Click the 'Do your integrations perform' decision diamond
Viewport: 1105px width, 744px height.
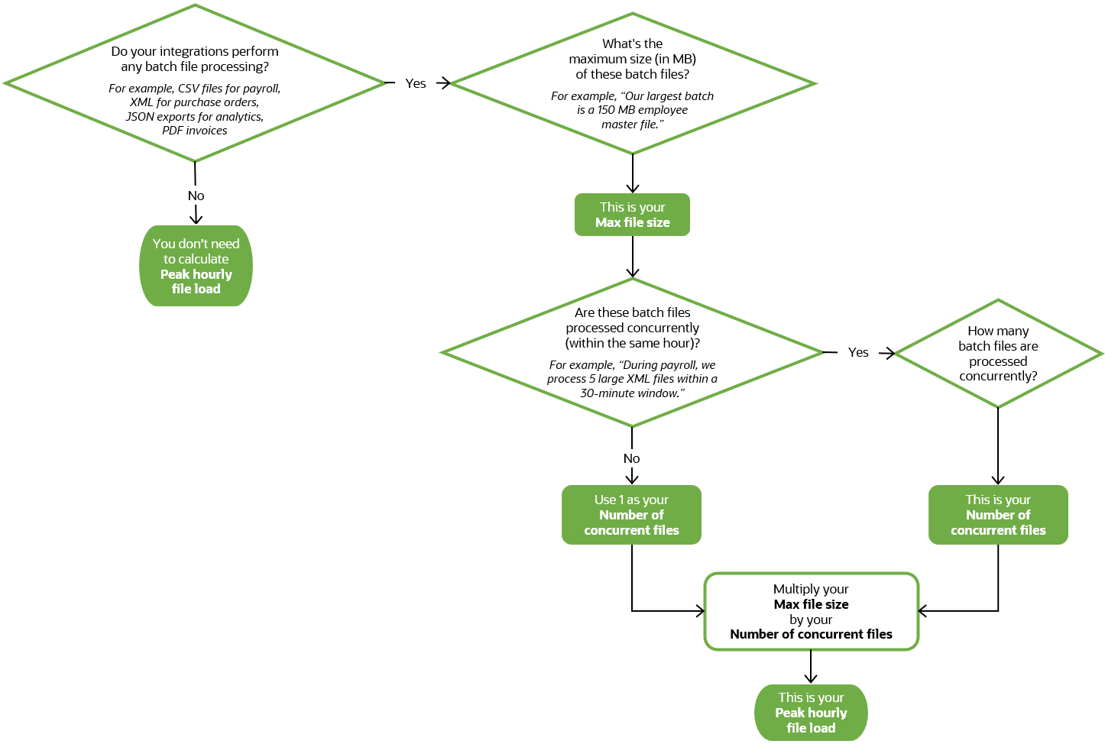(x=195, y=83)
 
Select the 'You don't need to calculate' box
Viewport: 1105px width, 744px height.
(x=196, y=266)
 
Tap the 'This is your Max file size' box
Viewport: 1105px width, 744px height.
(x=632, y=215)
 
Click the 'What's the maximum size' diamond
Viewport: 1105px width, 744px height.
(x=633, y=83)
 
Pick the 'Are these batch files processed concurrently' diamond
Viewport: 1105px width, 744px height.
(x=632, y=352)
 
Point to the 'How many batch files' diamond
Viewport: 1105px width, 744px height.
(x=998, y=354)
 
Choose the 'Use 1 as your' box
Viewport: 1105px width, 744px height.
(x=631, y=515)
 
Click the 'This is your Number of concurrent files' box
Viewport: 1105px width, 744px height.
(x=998, y=515)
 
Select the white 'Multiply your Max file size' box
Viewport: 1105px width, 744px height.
(x=811, y=611)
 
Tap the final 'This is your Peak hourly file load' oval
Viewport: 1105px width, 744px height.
(x=811, y=713)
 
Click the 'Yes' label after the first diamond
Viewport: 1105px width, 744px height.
(x=416, y=83)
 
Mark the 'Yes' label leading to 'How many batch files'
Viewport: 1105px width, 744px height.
(x=858, y=352)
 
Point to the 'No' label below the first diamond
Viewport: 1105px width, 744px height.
(x=196, y=196)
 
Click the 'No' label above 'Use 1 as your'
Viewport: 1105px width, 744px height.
(x=631, y=458)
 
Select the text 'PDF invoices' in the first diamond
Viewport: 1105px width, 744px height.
(x=195, y=131)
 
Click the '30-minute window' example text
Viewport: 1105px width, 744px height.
(x=630, y=393)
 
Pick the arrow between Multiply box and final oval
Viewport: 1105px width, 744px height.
(x=811, y=667)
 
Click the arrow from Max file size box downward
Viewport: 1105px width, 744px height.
(x=633, y=257)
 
